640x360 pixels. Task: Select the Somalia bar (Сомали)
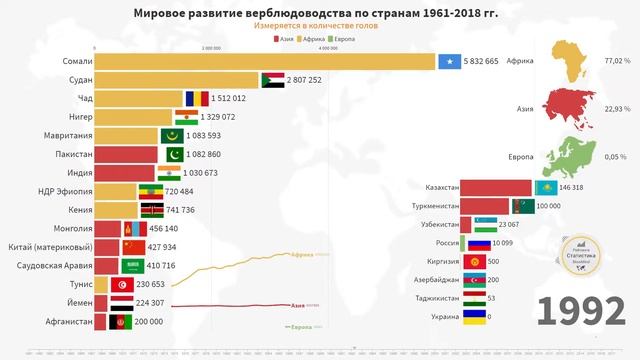pyautogui.click(x=265, y=61)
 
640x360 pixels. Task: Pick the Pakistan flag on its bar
pyautogui.click(x=172, y=154)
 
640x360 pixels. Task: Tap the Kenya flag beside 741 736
pyautogui.click(x=152, y=210)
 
